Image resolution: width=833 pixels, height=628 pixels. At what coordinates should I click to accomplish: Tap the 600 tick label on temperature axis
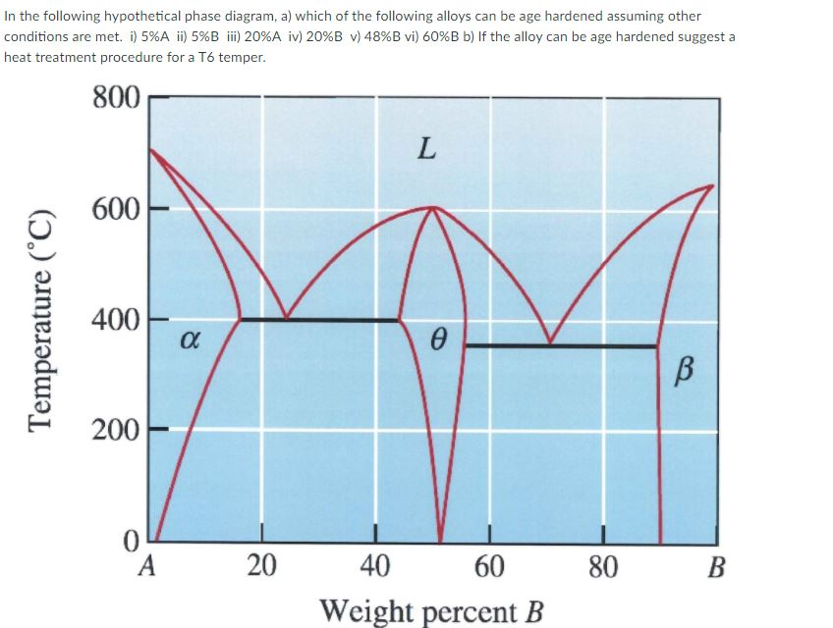point(116,210)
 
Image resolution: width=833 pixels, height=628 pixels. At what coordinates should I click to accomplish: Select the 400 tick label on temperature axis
point(116,320)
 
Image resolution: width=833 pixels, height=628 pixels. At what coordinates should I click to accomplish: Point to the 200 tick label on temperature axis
point(116,430)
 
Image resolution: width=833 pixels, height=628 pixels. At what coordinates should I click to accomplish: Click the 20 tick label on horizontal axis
point(260,566)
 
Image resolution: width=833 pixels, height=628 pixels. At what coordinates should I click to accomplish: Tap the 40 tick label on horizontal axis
point(374,566)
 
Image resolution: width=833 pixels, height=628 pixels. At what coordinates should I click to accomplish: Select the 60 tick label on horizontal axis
point(488,566)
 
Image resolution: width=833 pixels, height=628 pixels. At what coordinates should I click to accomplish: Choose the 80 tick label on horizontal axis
point(602,566)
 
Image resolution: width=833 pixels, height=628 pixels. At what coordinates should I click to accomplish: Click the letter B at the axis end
point(717,566)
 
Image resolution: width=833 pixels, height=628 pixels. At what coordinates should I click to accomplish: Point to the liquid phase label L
point(425,150)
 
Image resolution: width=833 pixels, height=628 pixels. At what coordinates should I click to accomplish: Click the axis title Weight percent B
point(431,609)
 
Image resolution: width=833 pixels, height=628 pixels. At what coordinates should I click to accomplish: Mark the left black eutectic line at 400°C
point(319,319)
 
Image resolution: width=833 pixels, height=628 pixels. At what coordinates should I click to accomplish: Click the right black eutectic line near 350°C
point(560,345)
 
